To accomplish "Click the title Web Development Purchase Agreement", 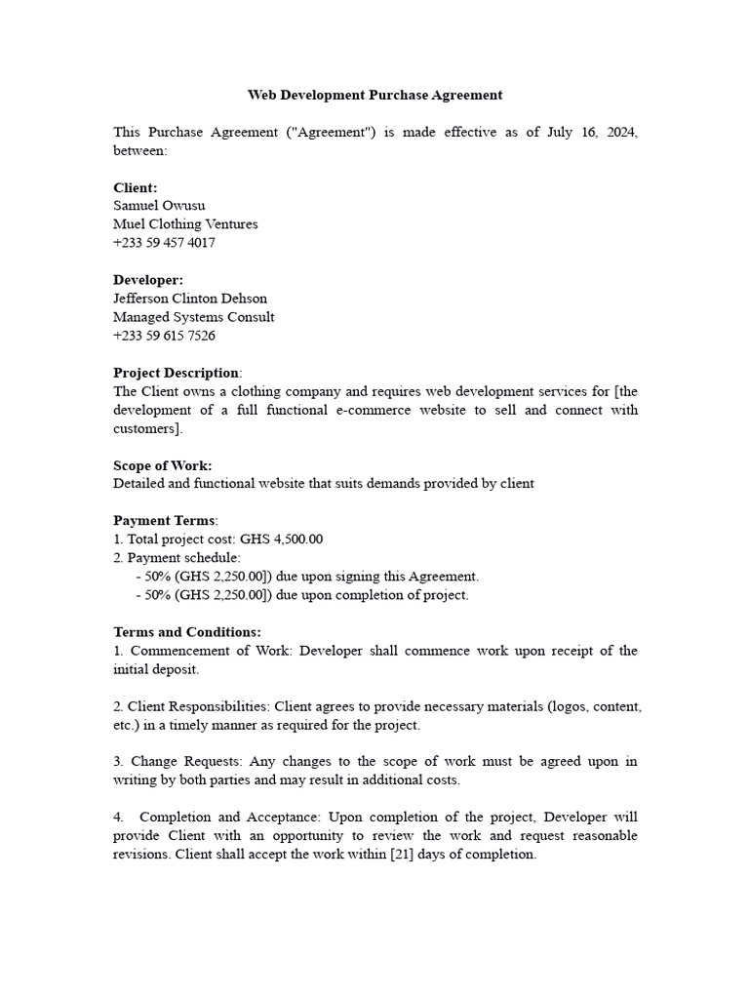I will [x=374, y=95].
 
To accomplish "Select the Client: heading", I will [x=136, y=187].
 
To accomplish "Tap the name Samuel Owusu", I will [x=159, y=206].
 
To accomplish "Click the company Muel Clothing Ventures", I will [x=185, y=224].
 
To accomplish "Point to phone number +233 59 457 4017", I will [x=164, y=243].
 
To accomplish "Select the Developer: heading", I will [x=148, y=280].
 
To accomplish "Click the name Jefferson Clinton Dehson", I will [x=190, y=299].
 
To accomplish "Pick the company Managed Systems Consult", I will [x=193, y=317].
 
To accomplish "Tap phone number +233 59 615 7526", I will [x=164, y=336].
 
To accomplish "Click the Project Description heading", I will [x=176, y=373].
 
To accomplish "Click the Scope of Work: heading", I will [x=162, y=465].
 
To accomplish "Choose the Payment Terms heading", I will [x=164, y=521].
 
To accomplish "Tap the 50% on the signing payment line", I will [x=158, y=577].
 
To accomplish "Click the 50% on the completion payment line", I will [x=158, y=595].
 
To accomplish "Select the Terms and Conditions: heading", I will [x=187, y=632].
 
